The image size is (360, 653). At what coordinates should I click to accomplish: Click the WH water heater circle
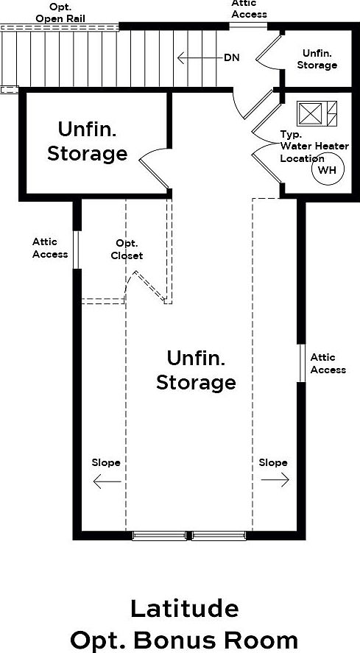coord(328,169)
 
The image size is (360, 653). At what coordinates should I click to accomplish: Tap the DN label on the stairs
coord(232,58)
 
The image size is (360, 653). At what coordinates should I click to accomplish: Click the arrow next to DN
coord(200,58)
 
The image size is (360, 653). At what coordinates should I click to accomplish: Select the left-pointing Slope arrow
coord(107,482)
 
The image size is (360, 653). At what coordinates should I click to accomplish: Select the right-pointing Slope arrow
coord(275,479)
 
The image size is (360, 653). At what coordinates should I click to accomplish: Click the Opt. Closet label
coord(127,250)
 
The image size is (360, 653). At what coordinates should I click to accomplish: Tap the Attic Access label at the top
coord(249,10)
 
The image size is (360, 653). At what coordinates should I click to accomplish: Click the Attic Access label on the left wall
coord(50,248)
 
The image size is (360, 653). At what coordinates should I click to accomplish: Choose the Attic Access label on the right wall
coord(328,364)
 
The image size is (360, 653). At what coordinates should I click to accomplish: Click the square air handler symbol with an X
coord(310,113)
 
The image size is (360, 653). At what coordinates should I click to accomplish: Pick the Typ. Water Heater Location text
coord(314,147)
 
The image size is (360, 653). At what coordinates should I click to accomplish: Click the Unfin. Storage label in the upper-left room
coord(87,141)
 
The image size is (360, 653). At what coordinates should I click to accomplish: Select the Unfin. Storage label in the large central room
coord(196,370)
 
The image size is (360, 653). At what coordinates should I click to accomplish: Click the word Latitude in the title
coord(185,610)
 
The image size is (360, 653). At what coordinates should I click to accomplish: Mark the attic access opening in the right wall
coord(301,363)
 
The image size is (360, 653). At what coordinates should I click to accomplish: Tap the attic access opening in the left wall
coord(77,250)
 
